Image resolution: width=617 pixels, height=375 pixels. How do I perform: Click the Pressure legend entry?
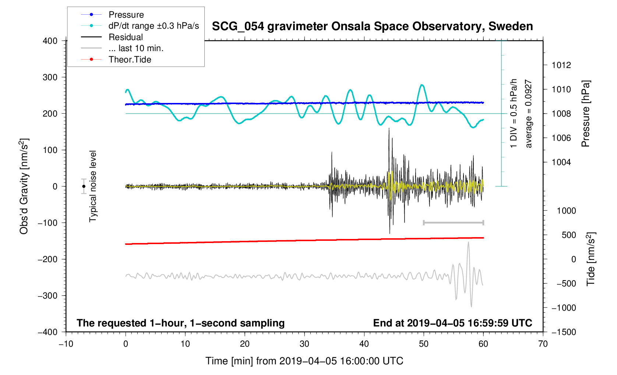126,15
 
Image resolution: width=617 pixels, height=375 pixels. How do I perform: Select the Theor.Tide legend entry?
130,60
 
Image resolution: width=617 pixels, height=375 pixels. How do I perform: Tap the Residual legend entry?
126,37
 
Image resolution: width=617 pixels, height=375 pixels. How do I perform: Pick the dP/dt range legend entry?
154,26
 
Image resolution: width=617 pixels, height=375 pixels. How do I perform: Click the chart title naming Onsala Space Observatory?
372,26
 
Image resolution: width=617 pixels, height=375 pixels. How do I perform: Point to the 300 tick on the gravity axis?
50,77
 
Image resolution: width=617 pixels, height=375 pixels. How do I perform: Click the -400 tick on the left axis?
48,332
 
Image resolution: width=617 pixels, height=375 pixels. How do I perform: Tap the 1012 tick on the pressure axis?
561,65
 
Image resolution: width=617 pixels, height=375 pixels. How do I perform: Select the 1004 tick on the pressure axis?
561,162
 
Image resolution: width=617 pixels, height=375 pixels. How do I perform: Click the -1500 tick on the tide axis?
563,332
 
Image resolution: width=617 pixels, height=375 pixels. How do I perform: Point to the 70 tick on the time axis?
543,344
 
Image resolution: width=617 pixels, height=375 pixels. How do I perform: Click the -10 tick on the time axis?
66,344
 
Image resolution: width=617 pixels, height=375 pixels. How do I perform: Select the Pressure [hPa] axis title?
585,114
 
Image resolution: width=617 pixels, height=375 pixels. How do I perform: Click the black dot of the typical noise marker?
84,186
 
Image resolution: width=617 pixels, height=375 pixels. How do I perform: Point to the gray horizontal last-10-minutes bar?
453,222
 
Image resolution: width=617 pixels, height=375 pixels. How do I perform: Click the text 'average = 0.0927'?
529,114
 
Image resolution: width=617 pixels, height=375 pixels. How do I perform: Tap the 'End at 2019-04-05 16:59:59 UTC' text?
452,323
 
